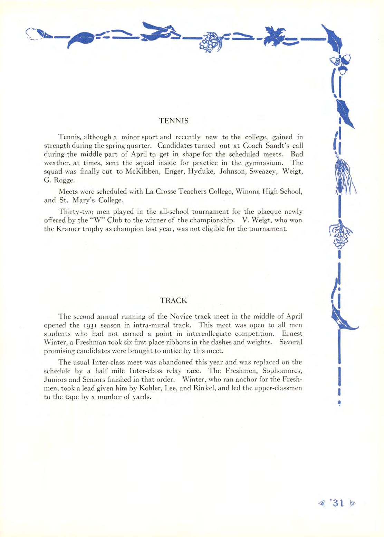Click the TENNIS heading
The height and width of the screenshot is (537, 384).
174,121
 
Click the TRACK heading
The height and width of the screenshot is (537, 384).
173,300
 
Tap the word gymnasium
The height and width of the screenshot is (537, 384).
264,163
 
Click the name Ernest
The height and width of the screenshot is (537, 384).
292,334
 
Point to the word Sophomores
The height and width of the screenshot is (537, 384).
282,371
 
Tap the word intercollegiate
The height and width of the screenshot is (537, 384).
211,334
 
